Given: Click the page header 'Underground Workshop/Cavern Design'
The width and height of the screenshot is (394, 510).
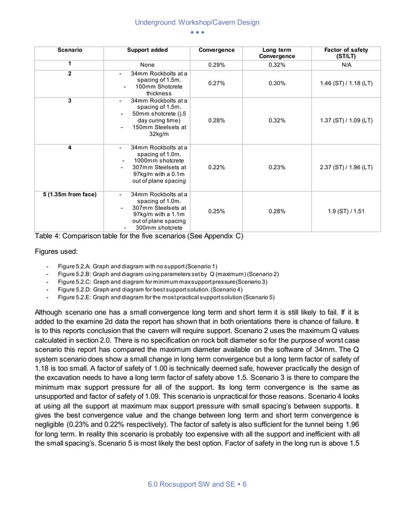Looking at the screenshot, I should coord(197,22).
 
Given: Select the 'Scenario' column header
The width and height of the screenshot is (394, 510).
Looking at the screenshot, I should coord(69,49).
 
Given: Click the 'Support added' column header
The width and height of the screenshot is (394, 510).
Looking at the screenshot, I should coord(147,49).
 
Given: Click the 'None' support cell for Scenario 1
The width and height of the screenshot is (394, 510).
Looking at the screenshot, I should coord(147,64).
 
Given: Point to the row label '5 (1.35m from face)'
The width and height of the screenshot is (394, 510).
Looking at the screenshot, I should coord(69,194).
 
